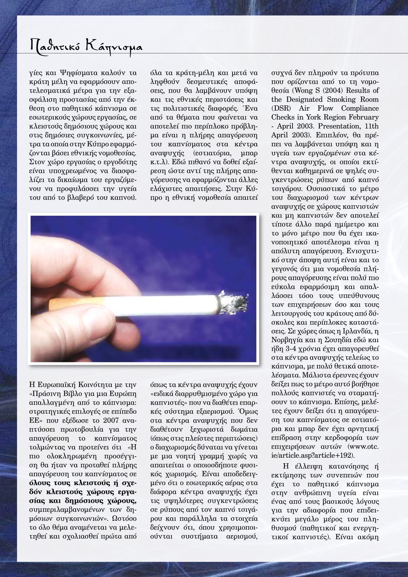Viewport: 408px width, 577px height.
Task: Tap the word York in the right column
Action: coord(325,118)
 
